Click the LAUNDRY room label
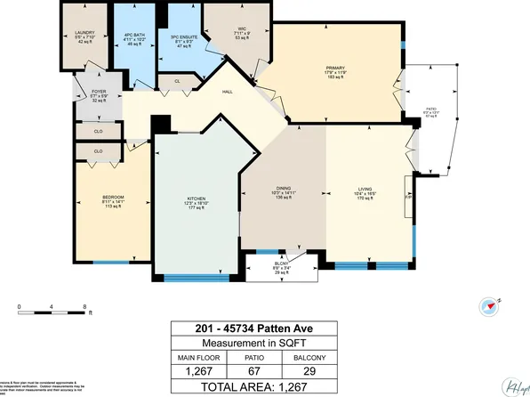pos(84,35)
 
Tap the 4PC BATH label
pos(136,35)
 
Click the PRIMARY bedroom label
pos(334,70)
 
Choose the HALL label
pos(228,91)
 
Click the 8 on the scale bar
pos(84,306)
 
